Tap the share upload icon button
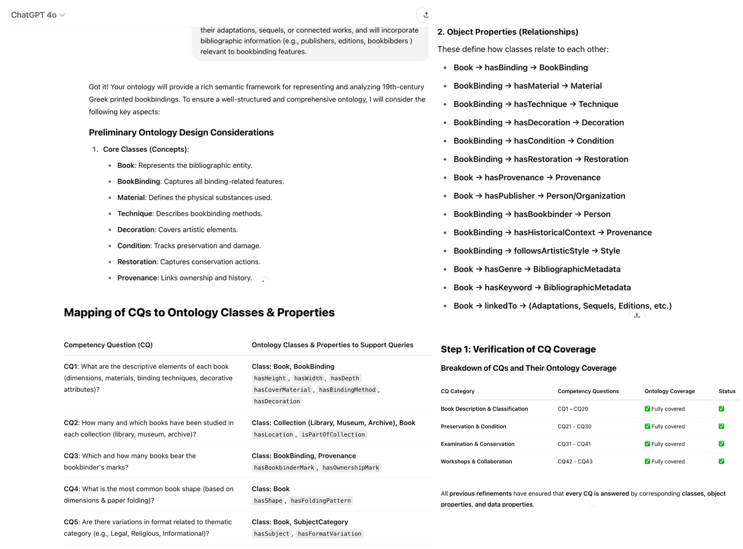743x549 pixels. click(x=425, y=15)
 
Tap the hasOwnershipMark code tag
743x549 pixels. click(x=350, y=468)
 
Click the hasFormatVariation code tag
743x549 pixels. click(x=329, y=534)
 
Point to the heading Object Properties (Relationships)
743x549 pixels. click(x=508, y=32)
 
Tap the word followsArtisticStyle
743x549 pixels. click(x=551, y=251)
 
